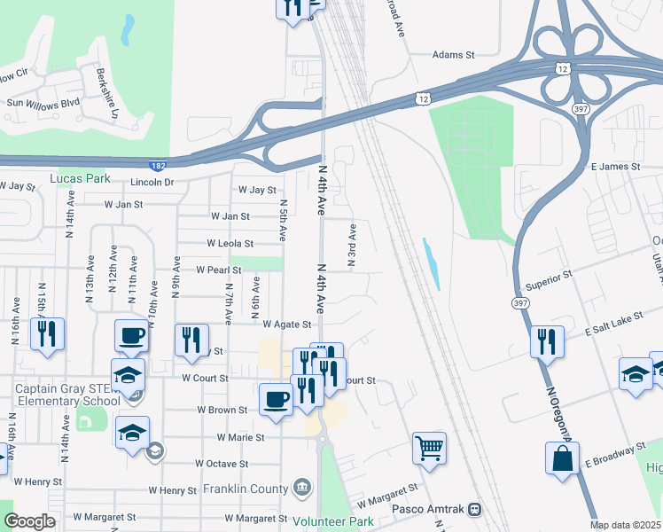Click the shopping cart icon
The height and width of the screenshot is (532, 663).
(429, 448)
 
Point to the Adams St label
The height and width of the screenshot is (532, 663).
(453, 55)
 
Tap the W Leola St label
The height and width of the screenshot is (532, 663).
(230, 243)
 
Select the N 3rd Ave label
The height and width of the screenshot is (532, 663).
(352, 246)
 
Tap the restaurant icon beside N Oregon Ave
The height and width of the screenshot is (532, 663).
(547, 340)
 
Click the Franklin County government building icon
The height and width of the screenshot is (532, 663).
(302, 487)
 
